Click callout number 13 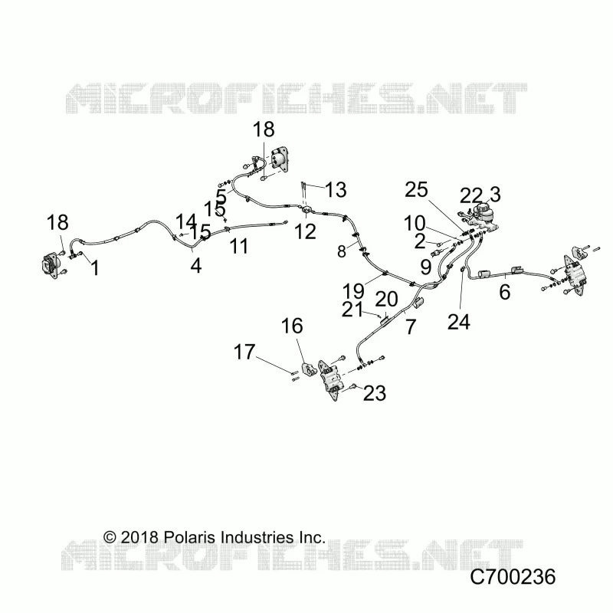pos(336,189)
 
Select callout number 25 pos(416,190)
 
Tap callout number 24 pos(459,322)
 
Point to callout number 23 pos(375,393)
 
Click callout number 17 pos(244,352)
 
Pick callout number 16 pos(292,326)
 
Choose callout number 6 pos(505,292)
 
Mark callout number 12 pos(305,232)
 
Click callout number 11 pos(239,246)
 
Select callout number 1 pos(95,268)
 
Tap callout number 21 pos(352,310)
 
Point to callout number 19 pos(353,291)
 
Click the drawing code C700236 pos(513,577)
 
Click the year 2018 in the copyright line pos(139,537)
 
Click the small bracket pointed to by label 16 pos(310,369)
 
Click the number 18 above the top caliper pos(264,129)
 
